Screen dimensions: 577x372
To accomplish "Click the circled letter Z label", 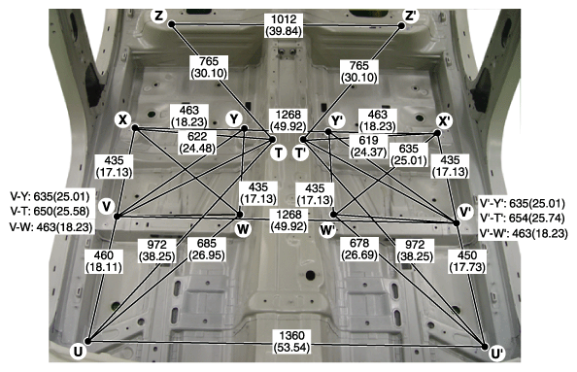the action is (x=159, y=17).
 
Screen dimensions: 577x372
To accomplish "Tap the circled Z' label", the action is (x=410, y=17).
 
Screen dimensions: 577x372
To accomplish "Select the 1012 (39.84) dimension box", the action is (x=284, y=25).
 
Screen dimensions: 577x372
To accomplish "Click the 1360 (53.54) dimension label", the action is (x=291, y=342).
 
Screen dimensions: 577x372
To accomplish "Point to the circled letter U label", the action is (x=78, y=352).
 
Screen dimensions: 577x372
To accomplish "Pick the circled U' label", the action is (x=497, y=354).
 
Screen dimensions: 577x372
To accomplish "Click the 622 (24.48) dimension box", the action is (x=197, y=143).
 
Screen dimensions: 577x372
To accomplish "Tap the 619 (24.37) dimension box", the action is (x=368, y=146).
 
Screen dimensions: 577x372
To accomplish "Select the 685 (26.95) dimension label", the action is (x=207, y=249).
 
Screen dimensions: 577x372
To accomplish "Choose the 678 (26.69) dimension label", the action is (x=359, y=249).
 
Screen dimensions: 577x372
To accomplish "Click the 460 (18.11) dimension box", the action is (x=103, y=261).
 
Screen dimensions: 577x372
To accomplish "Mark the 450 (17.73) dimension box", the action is (x=467, y=261).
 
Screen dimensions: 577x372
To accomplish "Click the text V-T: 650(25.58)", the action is (x=50, y=212).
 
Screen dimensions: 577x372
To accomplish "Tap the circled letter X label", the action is (x=122, y=119).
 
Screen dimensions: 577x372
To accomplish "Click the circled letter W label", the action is (x=243, y=229).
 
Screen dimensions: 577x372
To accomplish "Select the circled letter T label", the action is (x=279, y=152).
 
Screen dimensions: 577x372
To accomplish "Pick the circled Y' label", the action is (x=337, y=120).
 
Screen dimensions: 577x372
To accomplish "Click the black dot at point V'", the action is (x=457, y=223).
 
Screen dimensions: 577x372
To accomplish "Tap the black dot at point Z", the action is (x=172, y=24).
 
